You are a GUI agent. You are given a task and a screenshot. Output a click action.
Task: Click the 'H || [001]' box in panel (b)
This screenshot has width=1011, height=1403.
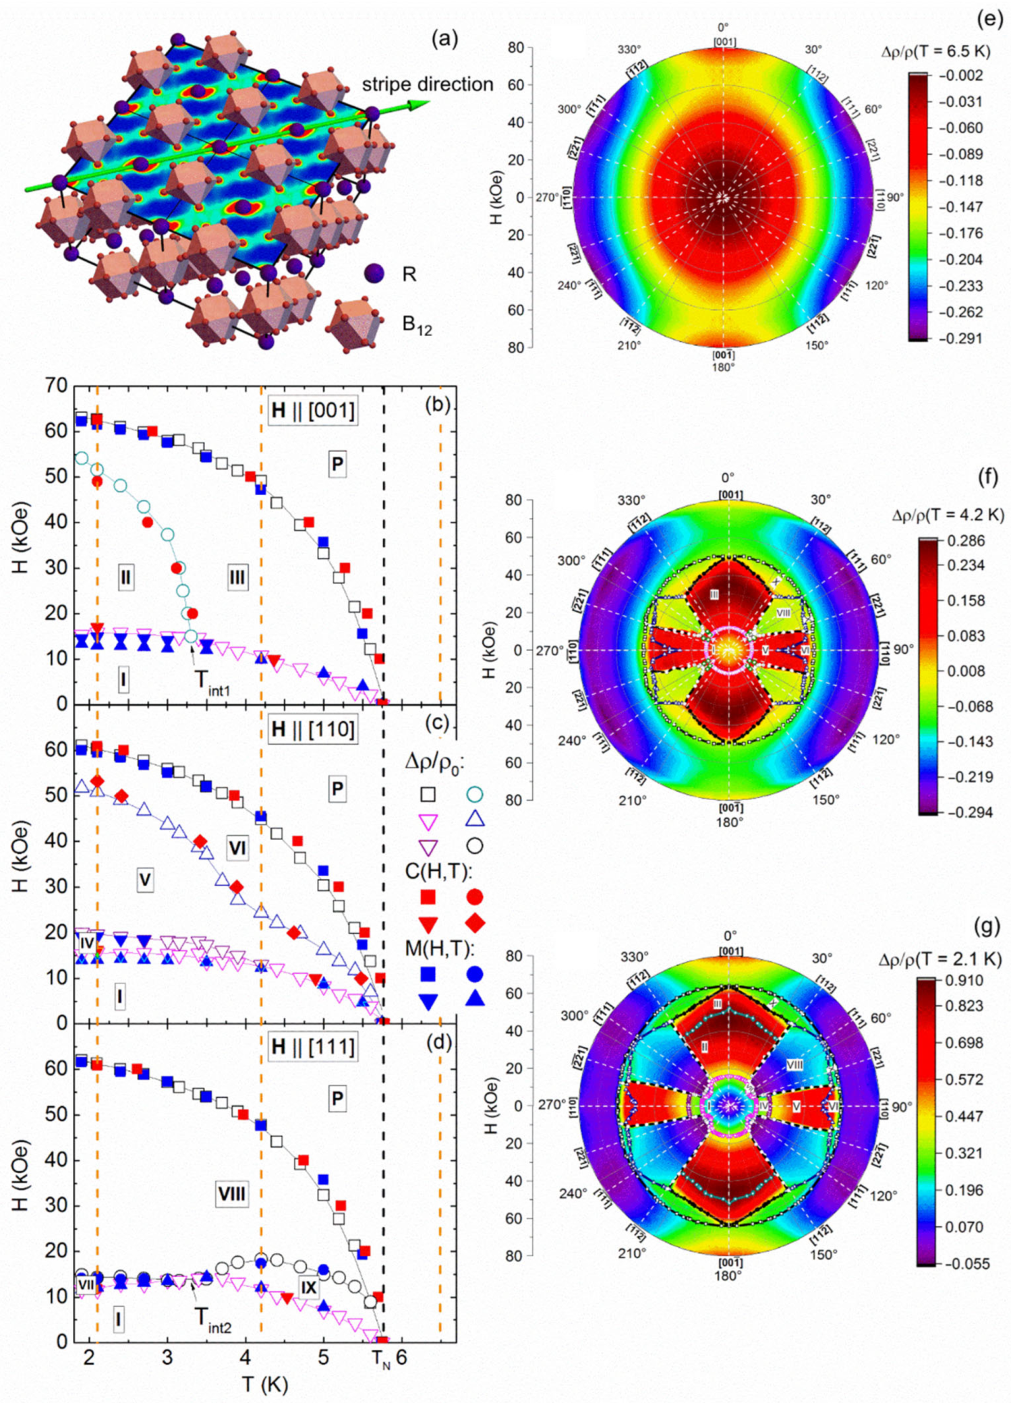(312, 411)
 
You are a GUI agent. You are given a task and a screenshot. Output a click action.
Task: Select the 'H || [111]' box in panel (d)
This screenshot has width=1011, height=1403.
(312, 1047)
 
